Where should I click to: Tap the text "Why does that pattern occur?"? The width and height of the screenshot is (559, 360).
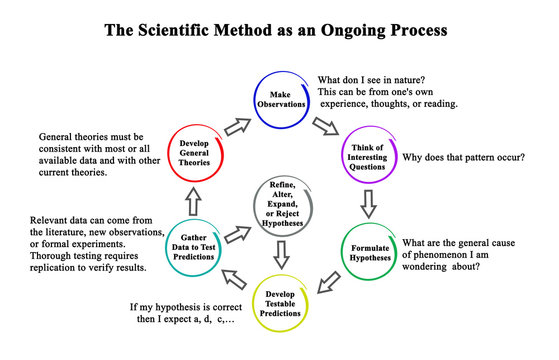[469, 155]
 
